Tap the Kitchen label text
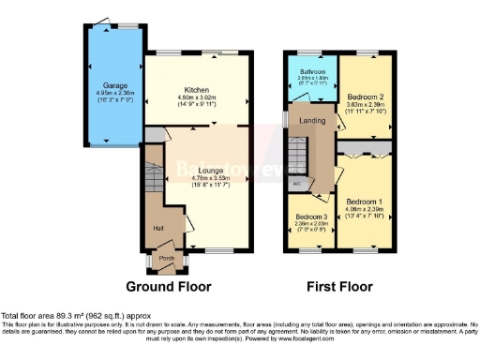(196, 89)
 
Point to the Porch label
(167, 258)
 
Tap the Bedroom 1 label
(364, 202)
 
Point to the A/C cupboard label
(297, 184)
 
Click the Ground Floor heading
(169, 286)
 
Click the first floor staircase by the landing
(298, 150)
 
